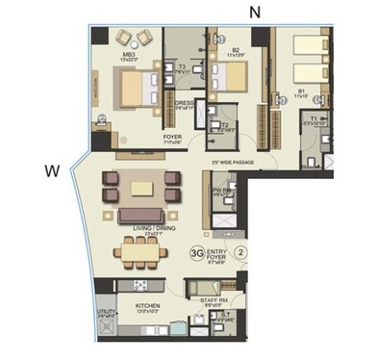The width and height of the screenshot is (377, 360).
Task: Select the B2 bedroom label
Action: coord(236,52)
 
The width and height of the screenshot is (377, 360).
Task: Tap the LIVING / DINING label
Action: coord(141,229)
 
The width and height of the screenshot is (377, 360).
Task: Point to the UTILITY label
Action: coord(105,314)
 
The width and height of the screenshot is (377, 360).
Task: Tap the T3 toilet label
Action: coord(182,67)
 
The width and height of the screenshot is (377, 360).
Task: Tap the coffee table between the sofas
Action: coord(142,187)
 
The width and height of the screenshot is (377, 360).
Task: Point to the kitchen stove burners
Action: coord(138,286)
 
